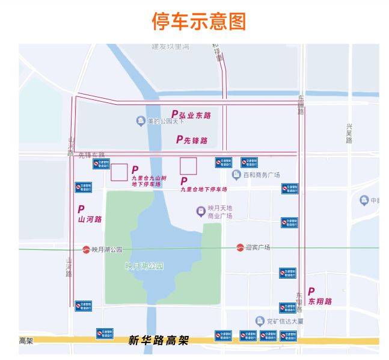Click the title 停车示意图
click(198, 21)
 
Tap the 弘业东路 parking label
click(192, 114)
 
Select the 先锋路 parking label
click(192, 140)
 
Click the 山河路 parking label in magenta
click(89, 214)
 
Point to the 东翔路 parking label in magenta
click(319, 297)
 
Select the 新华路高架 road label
click(158, 341)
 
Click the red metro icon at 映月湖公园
click(86, 249)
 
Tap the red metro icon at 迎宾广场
click(240, 247)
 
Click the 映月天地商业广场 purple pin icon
click(201, 211)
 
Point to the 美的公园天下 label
click(168, 121)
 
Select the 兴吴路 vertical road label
click(349, 134)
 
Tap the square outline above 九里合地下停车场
click(189, 166)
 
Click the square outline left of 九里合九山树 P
click(118, 172)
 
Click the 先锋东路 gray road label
click(91, 155)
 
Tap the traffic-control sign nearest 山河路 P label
click(84, 187)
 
